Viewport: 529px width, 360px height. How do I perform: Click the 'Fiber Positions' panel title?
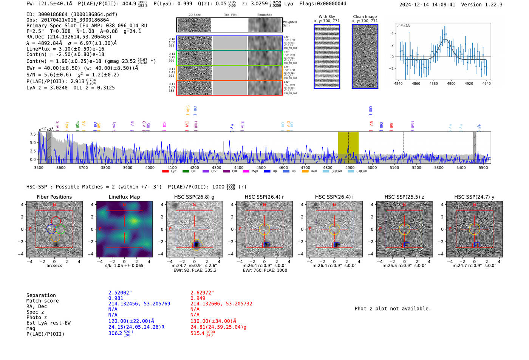pyautogui.click(x=54, y=197)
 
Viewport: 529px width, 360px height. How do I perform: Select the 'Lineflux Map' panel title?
pyautogui.click(x=124, y=197)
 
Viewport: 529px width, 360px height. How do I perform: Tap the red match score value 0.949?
pyautogui.click(x=198, y=298)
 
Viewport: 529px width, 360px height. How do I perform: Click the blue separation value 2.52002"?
pyautogui.click(x=120, y=293)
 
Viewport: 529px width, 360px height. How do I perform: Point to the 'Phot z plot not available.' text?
pyautogui.click(x=393, y=309)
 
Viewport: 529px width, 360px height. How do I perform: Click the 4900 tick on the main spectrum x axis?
pyautogui.click(x=350, y=167)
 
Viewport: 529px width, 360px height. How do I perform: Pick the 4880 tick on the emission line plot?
pyautogui.click(x=433, y=83)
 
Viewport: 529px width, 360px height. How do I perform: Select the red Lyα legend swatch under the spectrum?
pyautogui.click(x=165, y=172)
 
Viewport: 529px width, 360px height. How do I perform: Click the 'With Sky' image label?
pyautogui.click(x=326, y=17)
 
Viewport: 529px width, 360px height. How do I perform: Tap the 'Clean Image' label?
pyautogui.click(x=365, y=17)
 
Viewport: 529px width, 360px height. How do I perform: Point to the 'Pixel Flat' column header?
pyautogui.click(x=230, y=15)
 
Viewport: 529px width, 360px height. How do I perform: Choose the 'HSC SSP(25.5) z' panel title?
pyautogui.click(x=404, y=197)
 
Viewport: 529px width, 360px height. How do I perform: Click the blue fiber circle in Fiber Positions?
pyautogui.click(x=51, y=229)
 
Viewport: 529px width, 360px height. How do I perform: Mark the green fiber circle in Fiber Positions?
pyautogui.click(x=61, y=229)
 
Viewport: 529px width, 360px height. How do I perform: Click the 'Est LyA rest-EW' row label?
pyautogui.click(x=48, y=323)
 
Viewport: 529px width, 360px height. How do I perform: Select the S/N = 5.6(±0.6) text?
pyautogui.click(x=49, y=75)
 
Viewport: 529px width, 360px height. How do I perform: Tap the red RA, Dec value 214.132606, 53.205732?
pyautogui.click(x=221, y=304)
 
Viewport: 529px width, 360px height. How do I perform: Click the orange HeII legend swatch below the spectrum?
pyautogui.click(x=305, y=172)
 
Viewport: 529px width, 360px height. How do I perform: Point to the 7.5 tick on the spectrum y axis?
pyautogui.click(x=33, y=134)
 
